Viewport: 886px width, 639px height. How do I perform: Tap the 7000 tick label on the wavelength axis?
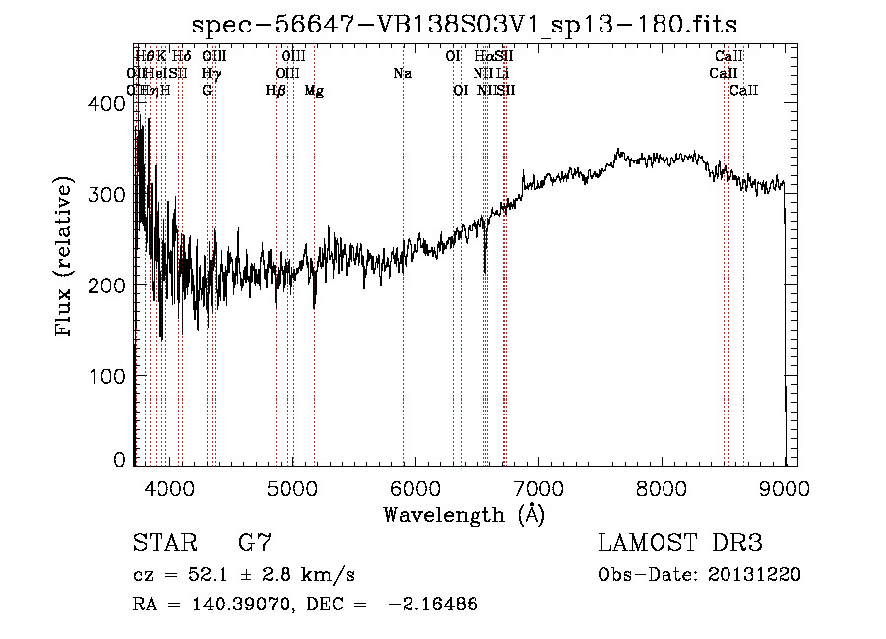pyautogui.click(x=538, y=487)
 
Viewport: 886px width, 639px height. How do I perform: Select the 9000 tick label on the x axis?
pyautogui.click(x=785, y=487)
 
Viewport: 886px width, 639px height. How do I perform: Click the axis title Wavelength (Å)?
pyautogui.click(x=464, y=514)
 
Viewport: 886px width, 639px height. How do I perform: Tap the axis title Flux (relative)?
pyautogui.click(x=66, y=258)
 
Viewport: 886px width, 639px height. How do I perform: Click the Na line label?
pyautogui.click(x=402, y=73)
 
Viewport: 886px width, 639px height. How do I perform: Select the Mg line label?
pyautogui.click(x=314, y=91)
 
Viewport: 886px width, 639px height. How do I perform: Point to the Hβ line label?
pyautogui.click(x=276, y=91)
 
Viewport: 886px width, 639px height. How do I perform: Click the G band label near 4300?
pyautogui.click(x=207, y=91)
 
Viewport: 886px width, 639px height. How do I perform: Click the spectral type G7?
pyautogui.click(x=255, y=543)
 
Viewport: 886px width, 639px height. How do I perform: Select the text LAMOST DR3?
pyautogui.click(x=680, y=543)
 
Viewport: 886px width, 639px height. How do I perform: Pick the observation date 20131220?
pyautogui.click(x=754, y=575)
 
